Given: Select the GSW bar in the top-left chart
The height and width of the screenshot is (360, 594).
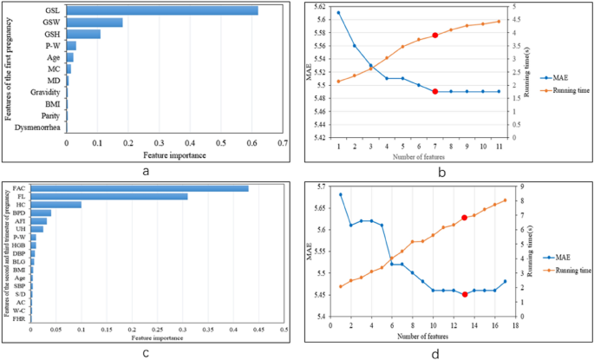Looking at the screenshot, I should [95, 23].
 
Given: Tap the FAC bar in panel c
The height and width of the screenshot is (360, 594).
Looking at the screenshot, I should [140, 188].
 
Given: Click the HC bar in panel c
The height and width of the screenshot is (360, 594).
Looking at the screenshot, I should [56, 205].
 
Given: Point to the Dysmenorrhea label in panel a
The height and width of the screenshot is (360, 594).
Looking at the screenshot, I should [37, 127].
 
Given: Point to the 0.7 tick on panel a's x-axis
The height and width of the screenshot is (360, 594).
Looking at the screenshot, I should [283, 144].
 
